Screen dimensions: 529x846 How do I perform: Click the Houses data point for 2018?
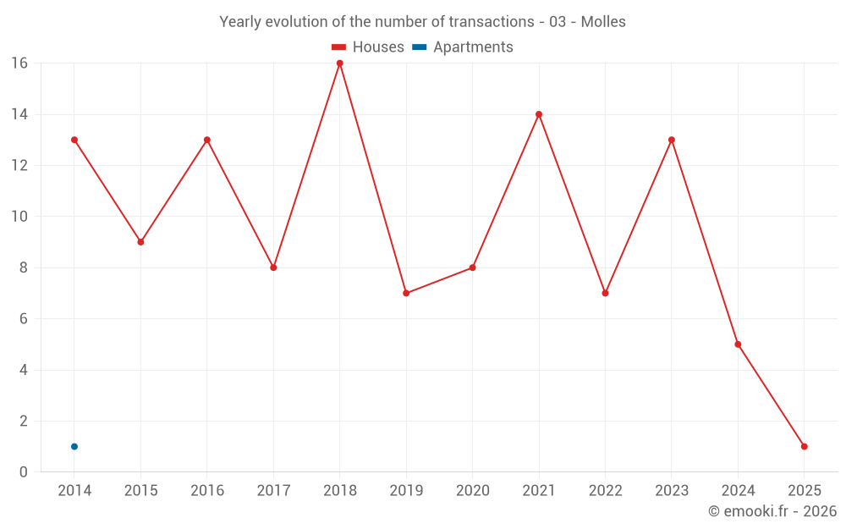[340, 63]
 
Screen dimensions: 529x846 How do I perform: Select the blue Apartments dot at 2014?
[74, 446]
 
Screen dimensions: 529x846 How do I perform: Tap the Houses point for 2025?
[804, 446]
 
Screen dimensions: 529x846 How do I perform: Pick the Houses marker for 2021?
[539, 114]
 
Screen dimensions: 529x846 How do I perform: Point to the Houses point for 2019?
[406, 293]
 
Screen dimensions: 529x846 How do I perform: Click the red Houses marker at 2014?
[74, 140]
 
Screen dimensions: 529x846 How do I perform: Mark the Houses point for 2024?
[738, 344]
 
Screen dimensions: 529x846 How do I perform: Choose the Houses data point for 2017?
[273, 267]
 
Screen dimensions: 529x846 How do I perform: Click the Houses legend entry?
[368, 47]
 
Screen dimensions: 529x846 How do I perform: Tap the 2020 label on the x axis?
[472, 491]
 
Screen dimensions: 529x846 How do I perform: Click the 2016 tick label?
[207, 491]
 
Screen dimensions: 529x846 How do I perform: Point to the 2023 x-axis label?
[672, 491]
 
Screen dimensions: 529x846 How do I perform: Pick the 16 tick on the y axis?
[19, 63]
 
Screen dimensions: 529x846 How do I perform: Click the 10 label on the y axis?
[19, 217]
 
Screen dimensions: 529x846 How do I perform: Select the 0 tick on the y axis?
[24, 471]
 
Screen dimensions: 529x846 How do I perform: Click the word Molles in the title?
[603, 22]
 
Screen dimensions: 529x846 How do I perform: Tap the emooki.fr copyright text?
[772, 511]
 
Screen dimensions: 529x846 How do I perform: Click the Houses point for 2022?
[605, 293]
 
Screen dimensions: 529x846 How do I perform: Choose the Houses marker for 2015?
[140, 242]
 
